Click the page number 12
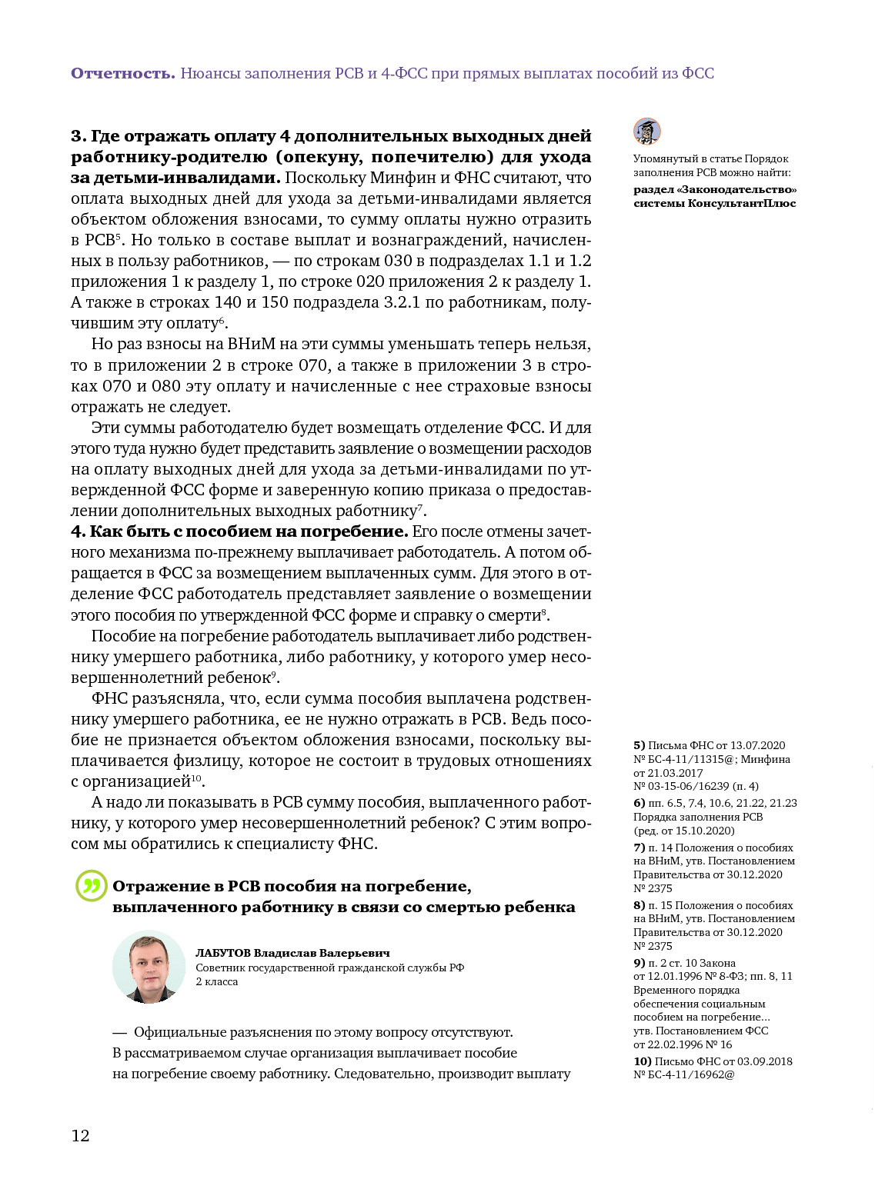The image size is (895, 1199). pyautogui.click(x=80, y=1136)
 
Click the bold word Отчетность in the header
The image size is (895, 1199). pyautogui.click(x=123, y=73)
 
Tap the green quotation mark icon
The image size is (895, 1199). pyautogui.click(x=91, y=886)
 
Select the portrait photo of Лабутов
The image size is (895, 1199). pyautogui.click(x=149, y=967)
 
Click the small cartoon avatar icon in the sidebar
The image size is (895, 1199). pyautogui.click(x=647, y=132)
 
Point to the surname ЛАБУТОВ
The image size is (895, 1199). pyautogui.click(x=223, y=953)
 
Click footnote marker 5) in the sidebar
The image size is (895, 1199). pyautogui.click(x=639, y=745)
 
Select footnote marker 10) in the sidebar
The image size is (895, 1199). pyautogui.click(x=642, y=1061)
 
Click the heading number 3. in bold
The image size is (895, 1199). pyautogui.click(x=78, y=136)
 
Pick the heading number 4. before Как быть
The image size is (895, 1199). pyautogui.click(x=78, y=531)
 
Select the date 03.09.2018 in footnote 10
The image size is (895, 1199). pyautogui.click(x=757, y=1061)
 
